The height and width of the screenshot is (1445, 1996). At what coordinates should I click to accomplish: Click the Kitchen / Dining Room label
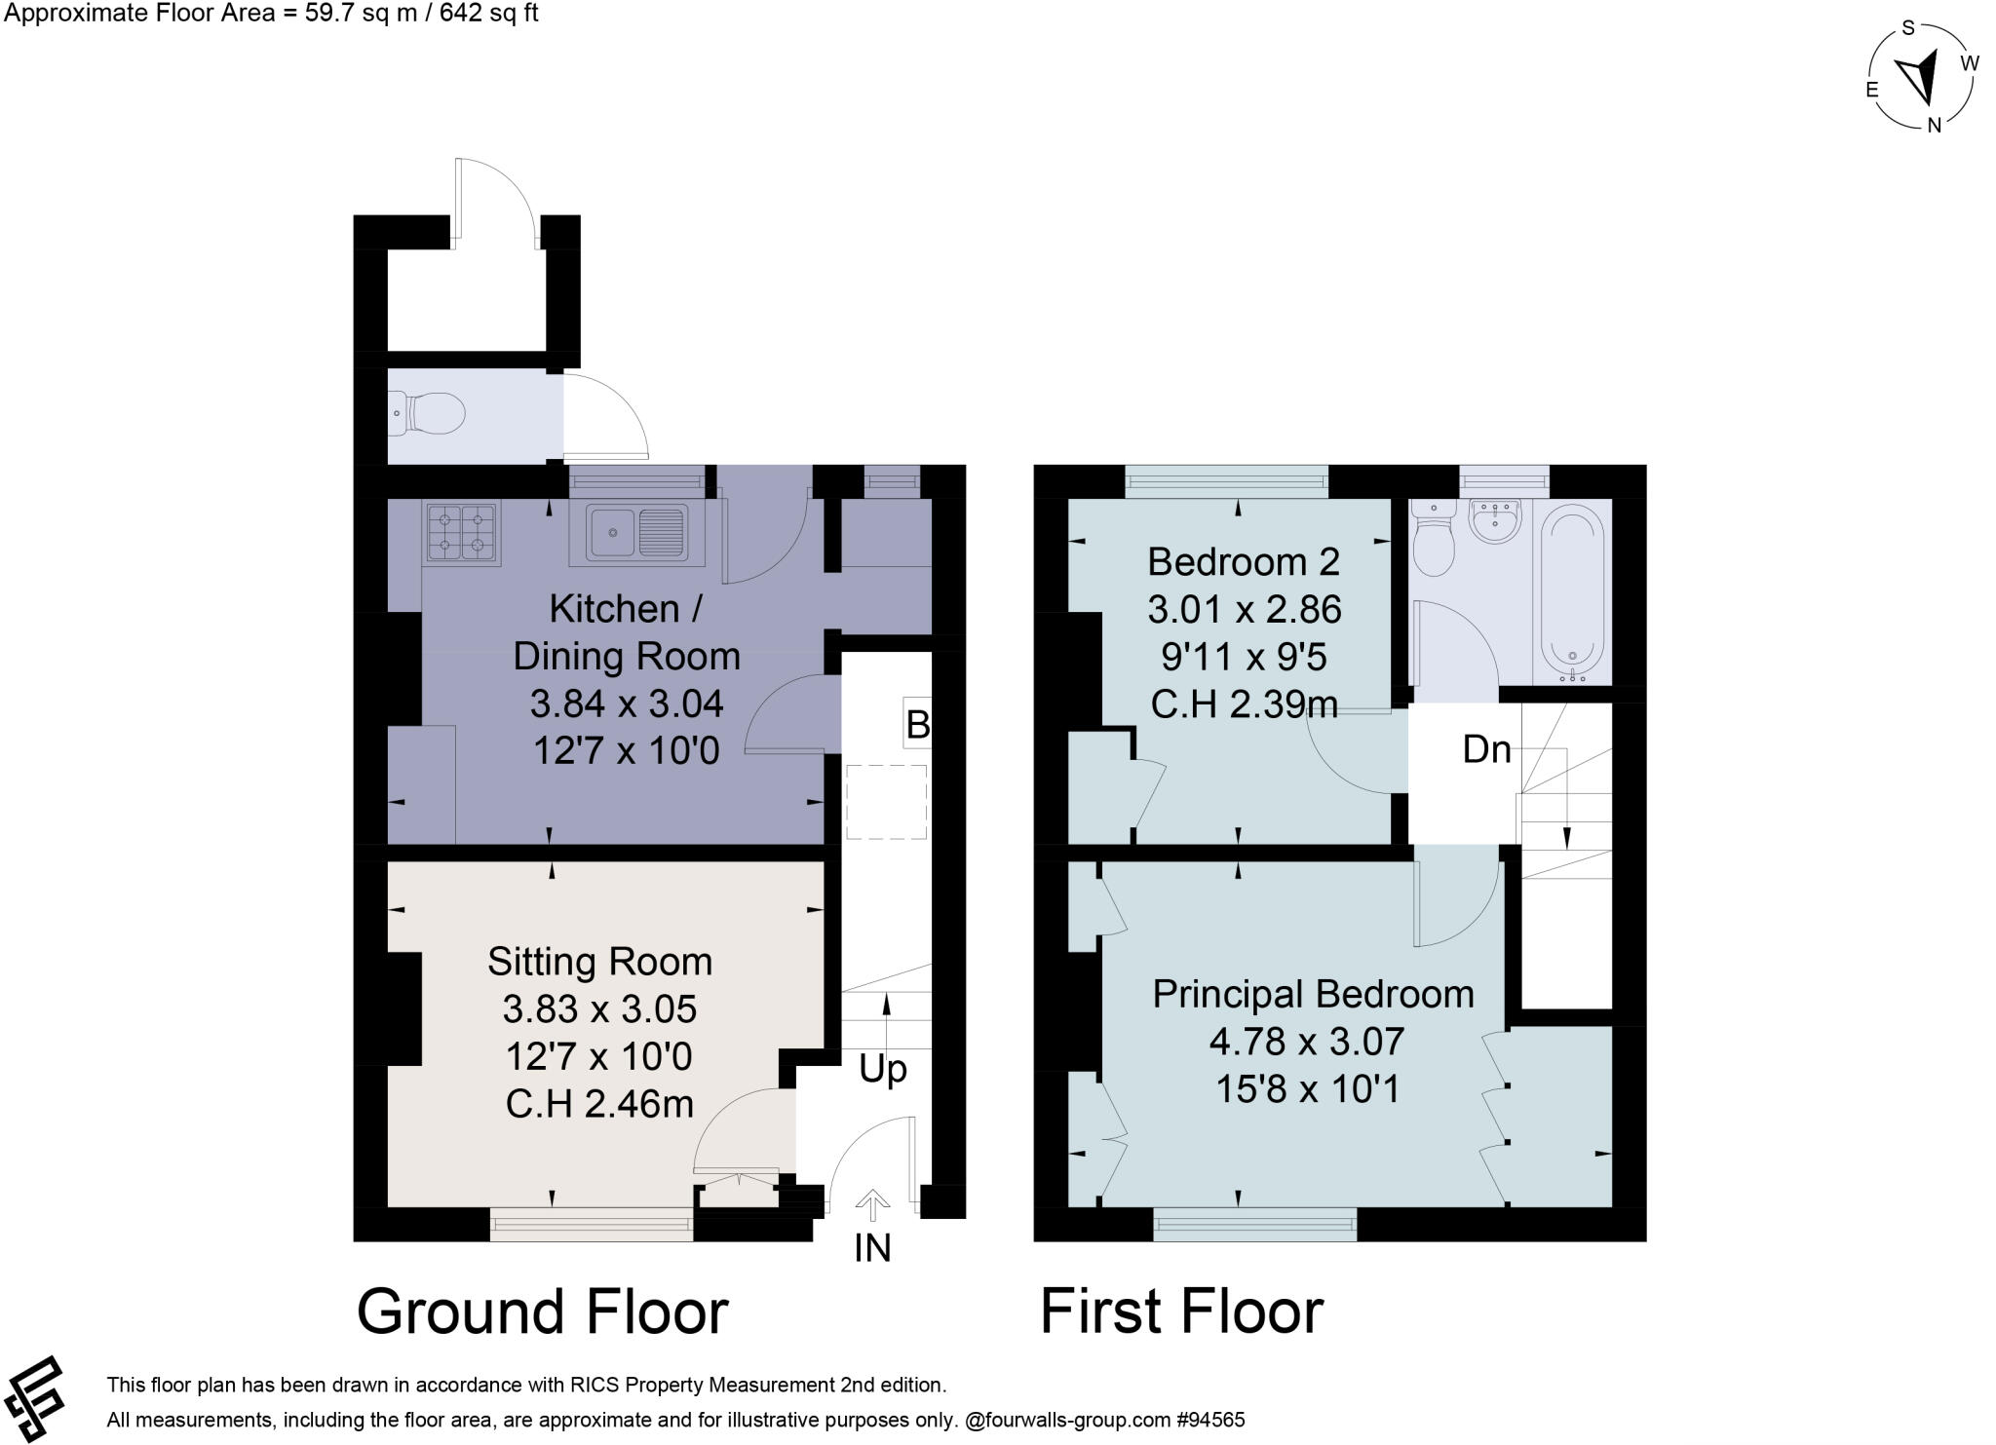click(x=626, y=631)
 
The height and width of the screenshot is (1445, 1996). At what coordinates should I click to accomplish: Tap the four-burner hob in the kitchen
click(x=461, y=533)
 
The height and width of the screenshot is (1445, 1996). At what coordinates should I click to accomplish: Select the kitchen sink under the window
click(x=635, y=534)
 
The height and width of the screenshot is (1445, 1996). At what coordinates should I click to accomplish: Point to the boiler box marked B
click(x=916, y=724)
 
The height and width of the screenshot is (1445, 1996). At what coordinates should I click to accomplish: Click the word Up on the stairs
click(x=883, y=1069)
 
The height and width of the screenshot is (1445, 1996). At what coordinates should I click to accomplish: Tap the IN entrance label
click(x=872, y=1248)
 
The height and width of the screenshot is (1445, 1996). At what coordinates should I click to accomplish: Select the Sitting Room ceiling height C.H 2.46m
click(x=599, y=1103)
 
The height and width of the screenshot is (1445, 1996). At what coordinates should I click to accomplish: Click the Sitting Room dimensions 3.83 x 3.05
click(x=599, y=1008)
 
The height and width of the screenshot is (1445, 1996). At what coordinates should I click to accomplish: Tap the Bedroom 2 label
click(x=1243, y=561)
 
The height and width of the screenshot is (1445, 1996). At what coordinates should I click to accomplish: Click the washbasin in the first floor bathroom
click(x=1494, y=520)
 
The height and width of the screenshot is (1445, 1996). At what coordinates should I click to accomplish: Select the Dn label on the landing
click(x=1486, y=748)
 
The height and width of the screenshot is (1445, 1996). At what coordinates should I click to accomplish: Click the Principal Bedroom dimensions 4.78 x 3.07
click(x=1306, y=1041)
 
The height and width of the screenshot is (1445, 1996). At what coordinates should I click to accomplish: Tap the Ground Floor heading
click(x=542, y=1311)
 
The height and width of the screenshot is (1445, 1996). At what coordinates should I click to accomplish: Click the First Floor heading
click(x=1181, y=1311)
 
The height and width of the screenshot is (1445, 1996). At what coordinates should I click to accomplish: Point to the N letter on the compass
click(x=1935, y=124)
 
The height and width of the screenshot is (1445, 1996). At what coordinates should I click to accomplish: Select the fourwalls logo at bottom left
click(x=33, y=1398)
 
